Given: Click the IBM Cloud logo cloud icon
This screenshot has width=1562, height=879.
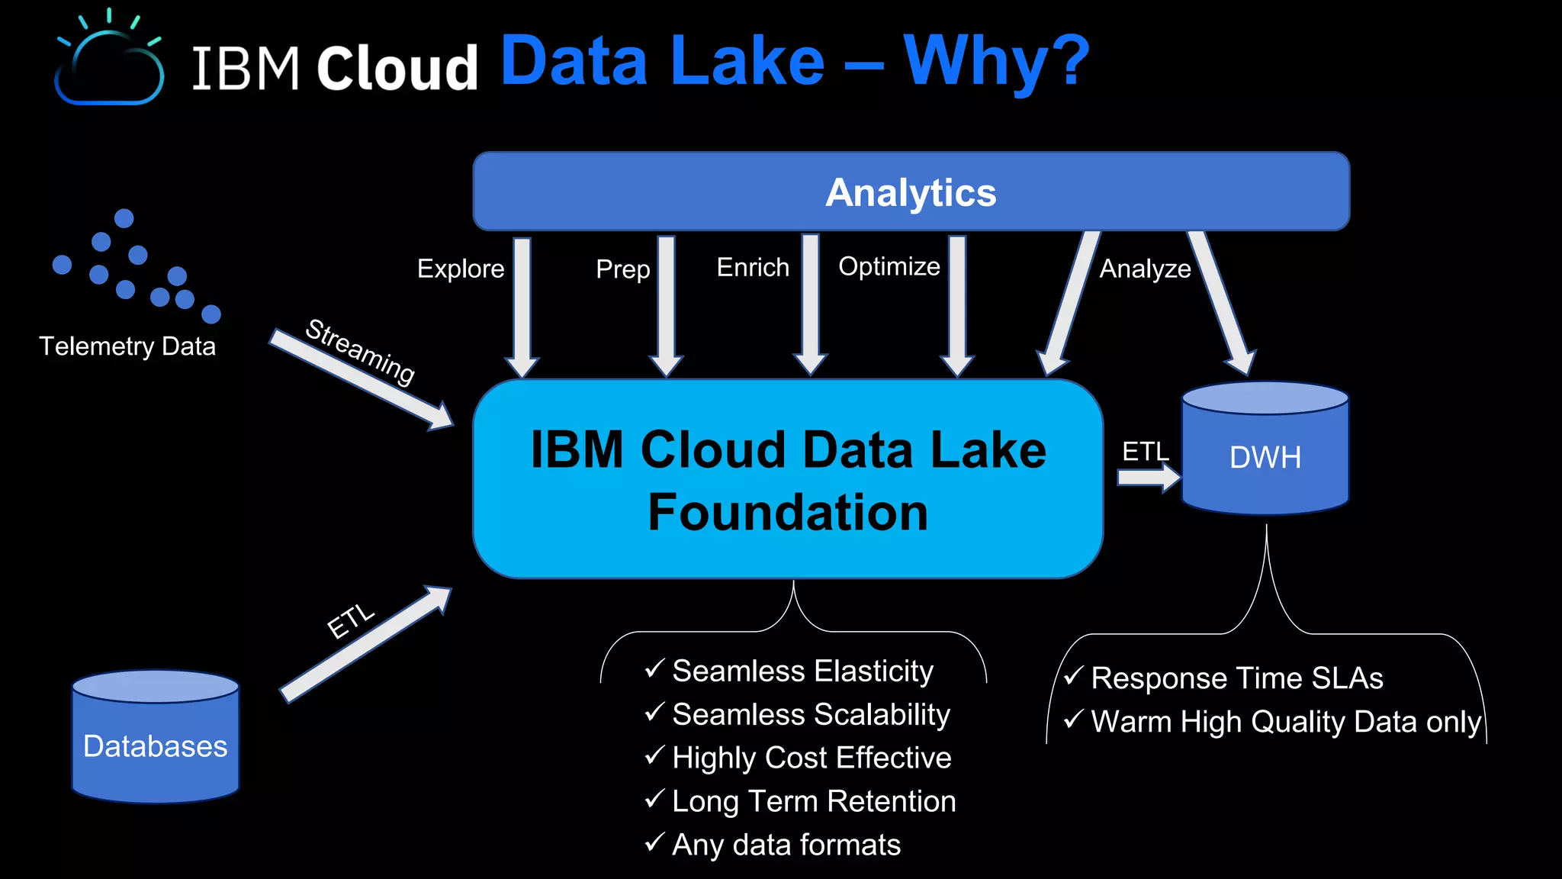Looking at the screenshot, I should click(109, 65).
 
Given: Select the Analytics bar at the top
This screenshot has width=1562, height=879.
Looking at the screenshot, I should click(911, 192).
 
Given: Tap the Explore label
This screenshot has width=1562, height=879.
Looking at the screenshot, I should click(461, 269).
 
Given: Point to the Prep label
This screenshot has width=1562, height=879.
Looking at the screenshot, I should click(622, 269).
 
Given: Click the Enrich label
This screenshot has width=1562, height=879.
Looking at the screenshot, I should click(753, 268).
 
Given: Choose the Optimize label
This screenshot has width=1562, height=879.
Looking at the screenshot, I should click(889, 266).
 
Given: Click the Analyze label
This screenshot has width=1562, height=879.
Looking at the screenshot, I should click(1145, 269).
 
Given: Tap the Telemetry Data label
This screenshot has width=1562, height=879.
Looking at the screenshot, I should click(127, 346).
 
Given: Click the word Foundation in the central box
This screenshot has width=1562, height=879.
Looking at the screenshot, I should click(788, 512).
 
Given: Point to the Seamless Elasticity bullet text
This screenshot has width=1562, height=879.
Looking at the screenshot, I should click(802, 671).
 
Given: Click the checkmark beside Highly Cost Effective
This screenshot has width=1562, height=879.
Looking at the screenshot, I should click(654, 756).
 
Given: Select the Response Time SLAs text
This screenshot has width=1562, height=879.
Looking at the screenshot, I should click(1236, 678).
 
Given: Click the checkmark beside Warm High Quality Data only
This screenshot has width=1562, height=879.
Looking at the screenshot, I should click(1073, 720).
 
